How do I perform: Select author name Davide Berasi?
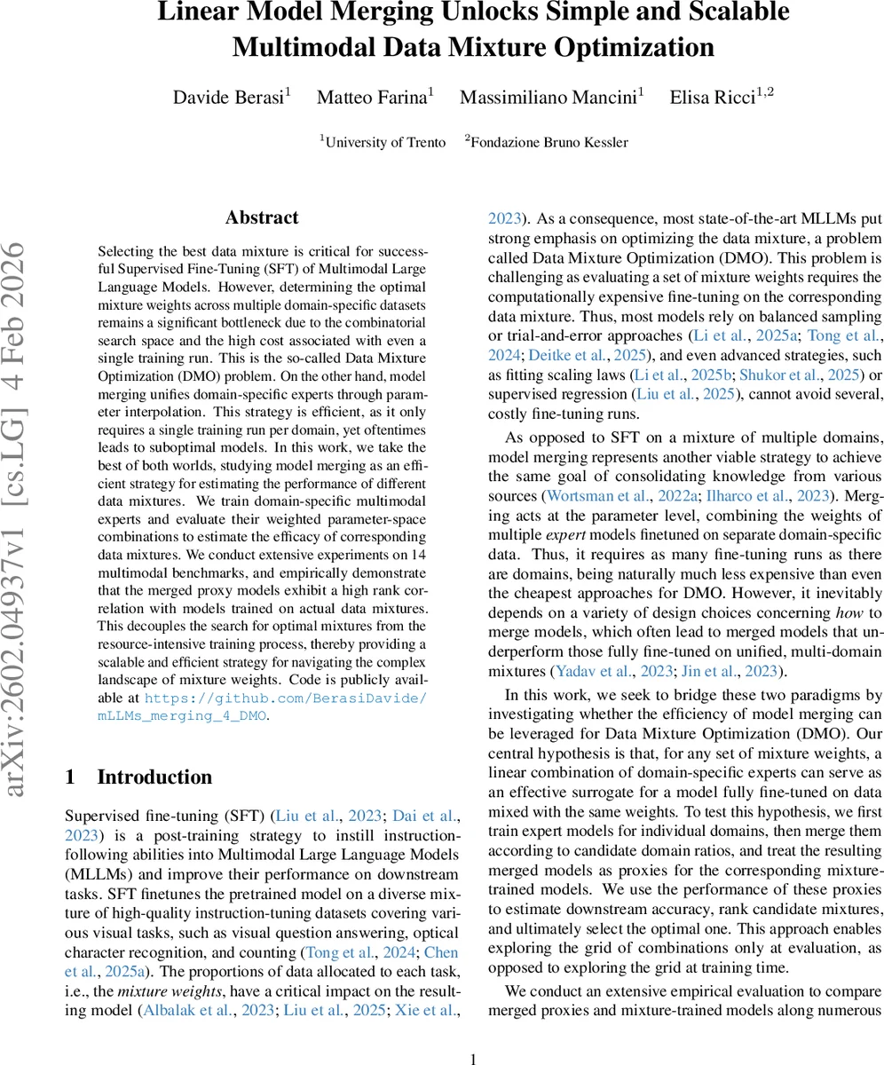228,98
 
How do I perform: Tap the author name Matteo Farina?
372,98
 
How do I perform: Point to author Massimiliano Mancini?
549,98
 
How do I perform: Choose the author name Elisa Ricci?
715,98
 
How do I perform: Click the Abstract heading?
262,218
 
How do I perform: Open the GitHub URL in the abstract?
285,706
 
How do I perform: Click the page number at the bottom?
473,1058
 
